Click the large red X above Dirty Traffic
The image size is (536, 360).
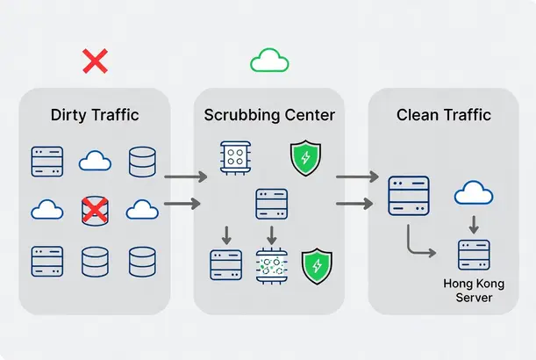pyautogui.click(x=95, y=61)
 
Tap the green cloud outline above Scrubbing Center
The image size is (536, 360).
pyautogui.click(x=269, y=60)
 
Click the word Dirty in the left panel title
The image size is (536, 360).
pyautogui.click(x=68, y=114)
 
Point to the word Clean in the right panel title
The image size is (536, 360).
pyautogui.click(x=417, y=114)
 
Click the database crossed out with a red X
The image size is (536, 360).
pyautogui.click(x=95, y=211)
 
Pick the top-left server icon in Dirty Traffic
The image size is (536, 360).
pyautogui.click(x=46, y=162)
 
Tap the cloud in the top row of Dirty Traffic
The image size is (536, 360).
pyautogui.click(x=95, y=162)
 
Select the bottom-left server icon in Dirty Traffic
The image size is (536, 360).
pyautogui.click(x=46, y=261)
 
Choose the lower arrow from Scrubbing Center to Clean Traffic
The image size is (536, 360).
pyautogui.click(x=356, y=205)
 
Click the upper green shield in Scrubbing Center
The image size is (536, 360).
pyautogui.click(x=305, y=159)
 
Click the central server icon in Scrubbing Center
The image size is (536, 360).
pyautogui.click(x=271, y=204)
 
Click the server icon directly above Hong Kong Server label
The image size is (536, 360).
pyautogui.click(x=474, y=255)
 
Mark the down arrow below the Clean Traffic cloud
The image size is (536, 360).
pyautogui.click(x=473, y=224)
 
